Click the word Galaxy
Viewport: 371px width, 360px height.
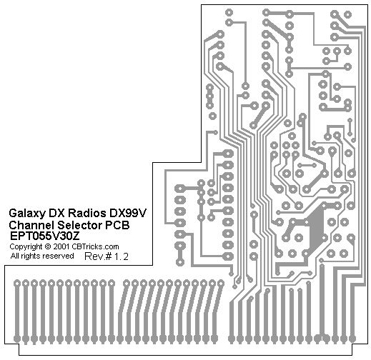pyautogui.click(x=26, y=214)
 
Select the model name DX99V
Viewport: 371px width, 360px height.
pyautogui.click(x=128, y=213)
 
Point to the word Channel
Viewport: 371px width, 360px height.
pyautogui.click(x=31, y=225)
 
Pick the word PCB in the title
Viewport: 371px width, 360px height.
pyautogui.click(x=117, y=225)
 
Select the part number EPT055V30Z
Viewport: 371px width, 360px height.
pyautogui.click(x=44, y=236)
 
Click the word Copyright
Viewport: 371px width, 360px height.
pyautogui.click(x=26, y=247)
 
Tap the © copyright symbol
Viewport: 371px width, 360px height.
pyautogui.click(x=48, y=246)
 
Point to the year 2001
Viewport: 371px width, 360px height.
pyautogui.click(x=61, y=246)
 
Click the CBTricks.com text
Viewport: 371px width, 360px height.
pyautogui.click(x=95, y=246)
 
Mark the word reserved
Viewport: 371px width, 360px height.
pyautogui.click(x=56, y=256)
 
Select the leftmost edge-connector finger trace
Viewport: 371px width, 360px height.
pyautogui.click(x=16, y=312)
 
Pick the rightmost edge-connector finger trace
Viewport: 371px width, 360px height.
pyautogui.click(x=352, y=312)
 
